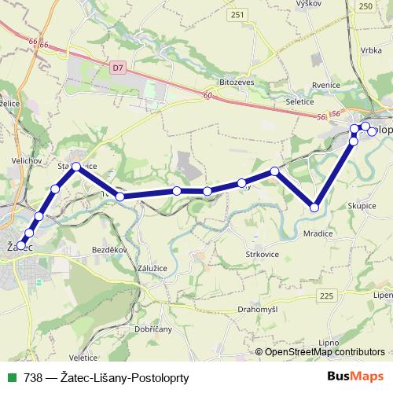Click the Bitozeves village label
click(237, 82)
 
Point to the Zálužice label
click(152, 268)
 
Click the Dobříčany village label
click(153, 329)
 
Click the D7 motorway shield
click(118, 68)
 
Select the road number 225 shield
click(327, 295)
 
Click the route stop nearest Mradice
click(314, 208)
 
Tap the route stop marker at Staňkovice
click(76, 167)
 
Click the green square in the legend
click(12, 377)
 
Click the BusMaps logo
click(356, 377)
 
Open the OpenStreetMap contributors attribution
click(325, 352)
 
